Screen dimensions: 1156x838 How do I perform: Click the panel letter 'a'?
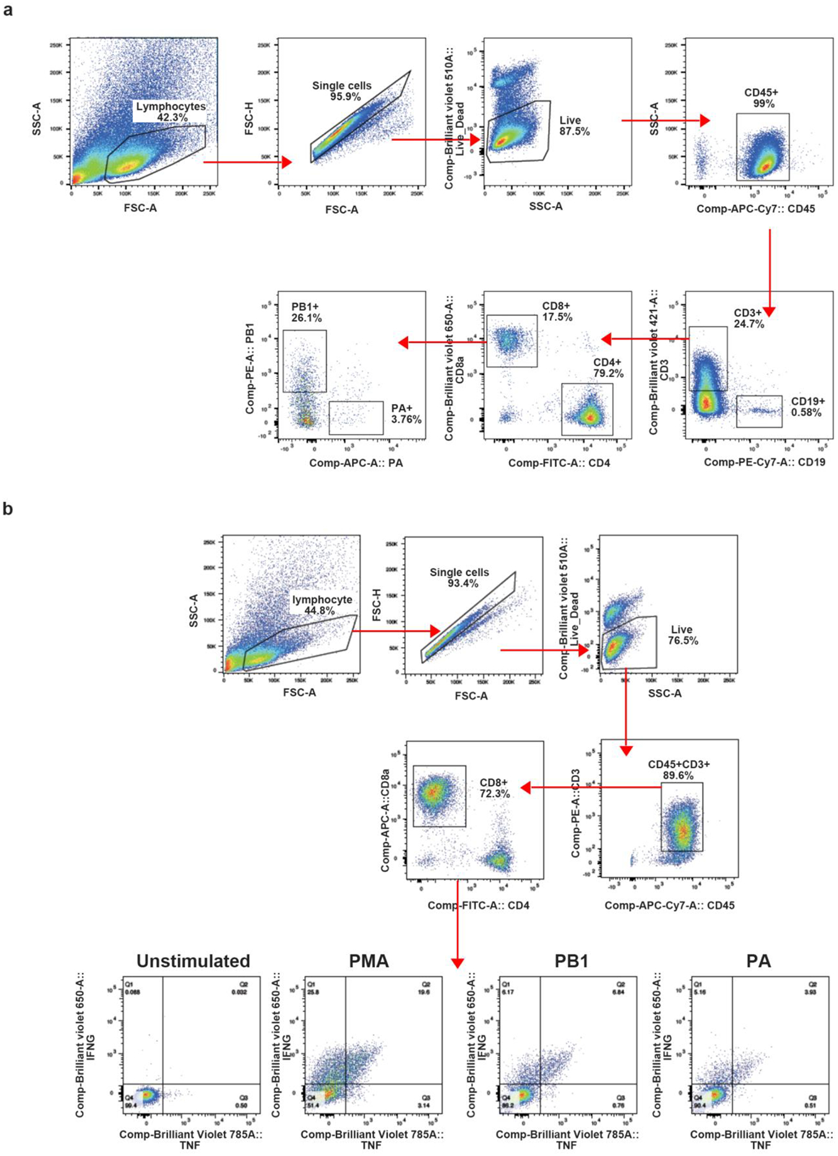point(7,11)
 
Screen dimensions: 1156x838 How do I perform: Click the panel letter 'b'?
point(7,509)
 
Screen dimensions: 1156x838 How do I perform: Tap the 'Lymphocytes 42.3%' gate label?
point(171,112)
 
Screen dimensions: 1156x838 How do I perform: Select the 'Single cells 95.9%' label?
point(341,91)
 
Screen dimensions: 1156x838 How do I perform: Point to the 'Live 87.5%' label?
point(574,126)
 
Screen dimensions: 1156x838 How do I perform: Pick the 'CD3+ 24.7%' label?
point(749,318)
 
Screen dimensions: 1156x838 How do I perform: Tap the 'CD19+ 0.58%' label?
point(807,407)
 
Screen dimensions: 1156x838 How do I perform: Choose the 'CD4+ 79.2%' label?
point(608,368)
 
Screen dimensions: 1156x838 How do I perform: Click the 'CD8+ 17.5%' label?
point(556,312)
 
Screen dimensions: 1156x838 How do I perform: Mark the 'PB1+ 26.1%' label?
point(306,313)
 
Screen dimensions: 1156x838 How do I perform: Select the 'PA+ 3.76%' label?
point(405,414)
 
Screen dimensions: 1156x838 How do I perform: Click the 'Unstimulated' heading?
point(193,961)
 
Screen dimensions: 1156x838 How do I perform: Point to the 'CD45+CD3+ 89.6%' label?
point(678,770)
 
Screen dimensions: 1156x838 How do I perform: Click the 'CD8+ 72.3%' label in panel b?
point(494,788)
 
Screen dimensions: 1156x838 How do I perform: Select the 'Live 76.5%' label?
point(682,635)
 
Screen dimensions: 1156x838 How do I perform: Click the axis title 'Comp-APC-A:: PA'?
point(356,463)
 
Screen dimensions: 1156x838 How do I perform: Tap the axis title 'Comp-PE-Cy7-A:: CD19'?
point(764,463)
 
